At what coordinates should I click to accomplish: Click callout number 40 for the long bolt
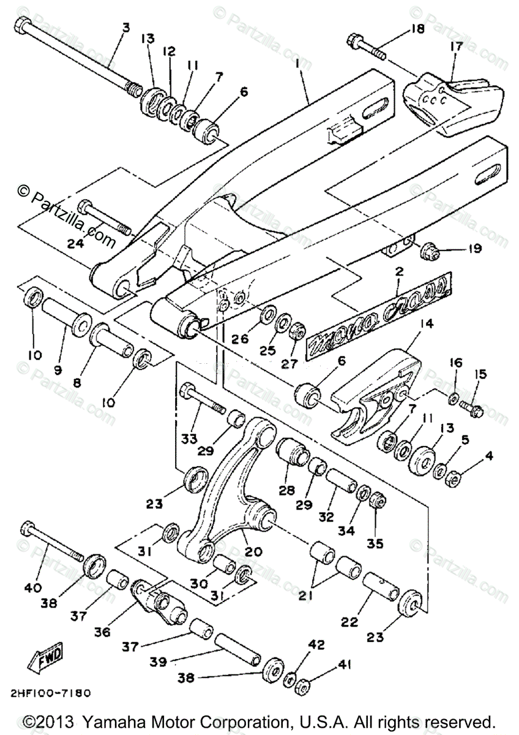[x=32, y=588]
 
